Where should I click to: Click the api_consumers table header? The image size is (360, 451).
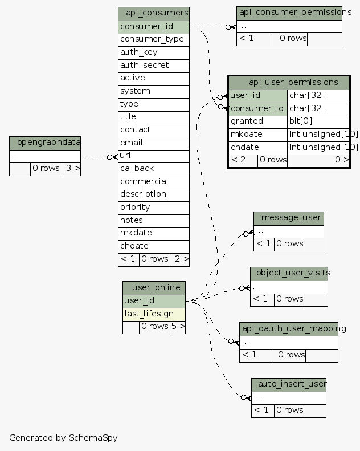pos(154,13)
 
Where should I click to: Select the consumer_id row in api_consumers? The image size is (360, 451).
pos(154,26)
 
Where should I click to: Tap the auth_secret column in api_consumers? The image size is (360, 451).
pos(154,65)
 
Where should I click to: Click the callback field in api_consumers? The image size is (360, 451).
pos(154,168)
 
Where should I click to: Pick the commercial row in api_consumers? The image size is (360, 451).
pos(154,181)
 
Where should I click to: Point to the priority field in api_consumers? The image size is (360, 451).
pos(154,207)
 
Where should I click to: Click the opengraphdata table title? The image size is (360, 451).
pos(45,143)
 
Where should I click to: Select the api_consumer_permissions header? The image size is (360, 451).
pos(289,13)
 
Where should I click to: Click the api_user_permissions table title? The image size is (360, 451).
pos(289,83)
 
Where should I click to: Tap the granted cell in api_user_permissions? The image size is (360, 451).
pos(258,121)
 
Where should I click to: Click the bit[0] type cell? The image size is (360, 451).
pos(318,121)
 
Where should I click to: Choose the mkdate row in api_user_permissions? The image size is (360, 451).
pos(258,134)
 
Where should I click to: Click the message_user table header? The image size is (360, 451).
pos(289,218)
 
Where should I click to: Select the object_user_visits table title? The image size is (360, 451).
pos(289,273)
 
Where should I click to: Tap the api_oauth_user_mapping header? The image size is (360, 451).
pos(289,328)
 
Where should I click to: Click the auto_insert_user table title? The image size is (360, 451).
pos(289,384)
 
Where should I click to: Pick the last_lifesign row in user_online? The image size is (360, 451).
pos(154,314)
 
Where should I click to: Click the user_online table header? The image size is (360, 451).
pos(154,287)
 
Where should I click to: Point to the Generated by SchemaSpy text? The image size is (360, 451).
pos(63,438)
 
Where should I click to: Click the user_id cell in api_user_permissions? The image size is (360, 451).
pos(258,95)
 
